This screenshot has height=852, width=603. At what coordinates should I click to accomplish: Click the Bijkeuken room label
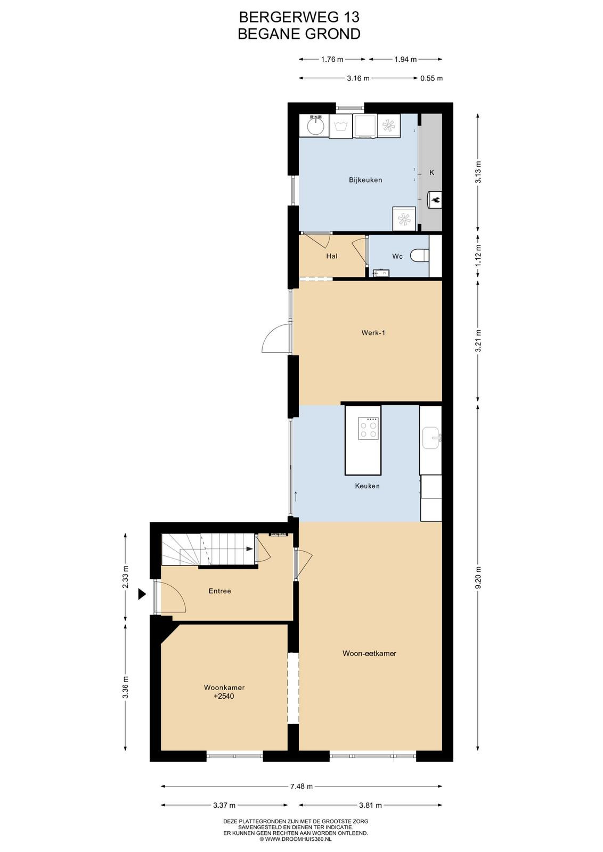[x=365, y=180]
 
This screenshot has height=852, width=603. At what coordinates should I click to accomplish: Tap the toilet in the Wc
[x=420, y=255]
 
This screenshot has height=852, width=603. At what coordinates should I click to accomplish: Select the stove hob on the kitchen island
[x=368, y=428]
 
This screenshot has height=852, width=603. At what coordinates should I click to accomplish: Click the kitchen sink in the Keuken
[x=432, y=437]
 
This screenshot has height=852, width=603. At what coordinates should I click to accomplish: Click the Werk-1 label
[x=373, y=333]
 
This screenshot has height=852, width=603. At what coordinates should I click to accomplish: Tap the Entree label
[x=219, y=591]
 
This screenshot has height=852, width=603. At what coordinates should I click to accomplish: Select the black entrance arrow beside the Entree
[x=142, y=594]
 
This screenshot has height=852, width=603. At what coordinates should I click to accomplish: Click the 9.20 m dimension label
[x=478, y=577]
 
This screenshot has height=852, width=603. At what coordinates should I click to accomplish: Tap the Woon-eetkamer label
[x=369, y=653]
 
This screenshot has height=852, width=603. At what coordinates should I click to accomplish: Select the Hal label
[x=332, y=256]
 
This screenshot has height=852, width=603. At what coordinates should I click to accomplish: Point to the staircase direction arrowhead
[x=250, y=549]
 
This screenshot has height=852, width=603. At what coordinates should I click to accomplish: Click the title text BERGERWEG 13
[x=299, y=17]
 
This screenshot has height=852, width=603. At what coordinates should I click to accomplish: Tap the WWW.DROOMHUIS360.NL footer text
[x=298, y=839]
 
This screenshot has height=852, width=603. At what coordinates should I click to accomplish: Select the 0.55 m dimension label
[x=431, y=79]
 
